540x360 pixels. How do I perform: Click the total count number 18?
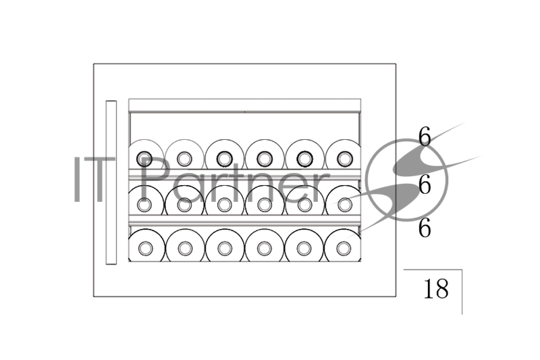tap(436, 288)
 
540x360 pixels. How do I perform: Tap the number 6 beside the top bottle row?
tap(425, 136)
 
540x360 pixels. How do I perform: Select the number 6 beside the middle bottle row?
tap(425, 184)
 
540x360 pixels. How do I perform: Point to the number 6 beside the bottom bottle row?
tap(425, 228)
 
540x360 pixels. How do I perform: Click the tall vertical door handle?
tap(111, 182)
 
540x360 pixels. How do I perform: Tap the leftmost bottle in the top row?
tap(144, 155)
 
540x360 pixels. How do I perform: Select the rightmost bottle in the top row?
tap(343, 155)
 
